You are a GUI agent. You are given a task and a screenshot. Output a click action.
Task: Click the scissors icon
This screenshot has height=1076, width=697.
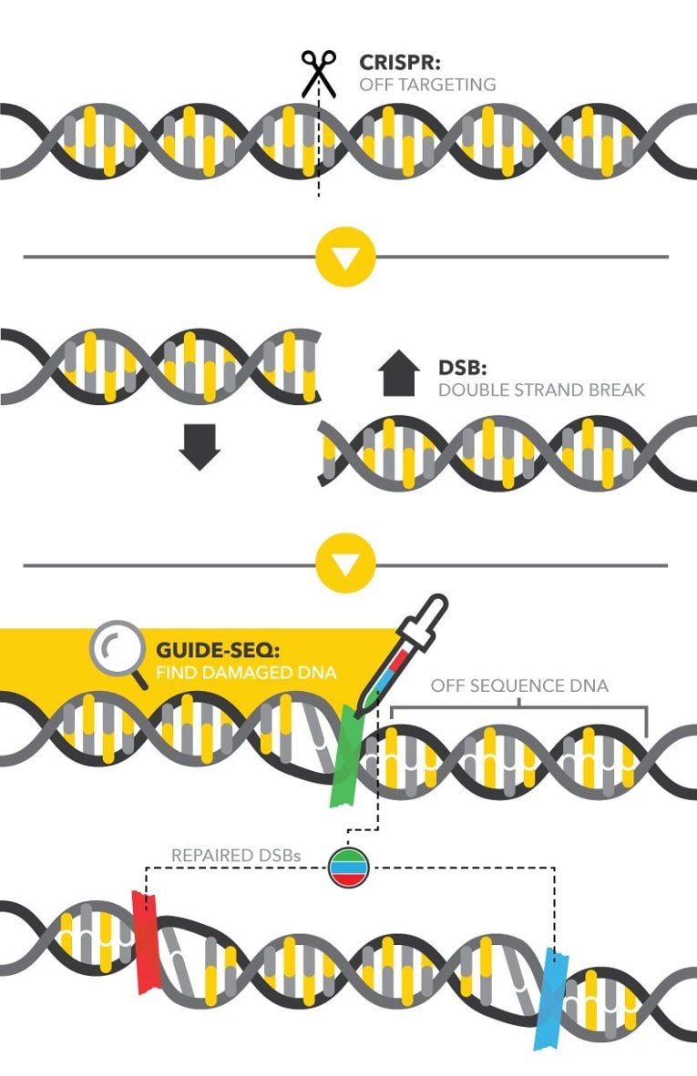pos(318,72)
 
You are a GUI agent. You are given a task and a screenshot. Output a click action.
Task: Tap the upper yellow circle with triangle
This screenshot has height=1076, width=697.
pos(345,257)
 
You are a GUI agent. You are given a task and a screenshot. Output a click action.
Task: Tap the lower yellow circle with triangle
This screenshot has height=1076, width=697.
pos(345,565)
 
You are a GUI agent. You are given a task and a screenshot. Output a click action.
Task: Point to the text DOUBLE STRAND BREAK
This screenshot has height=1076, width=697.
pos(541,391)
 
